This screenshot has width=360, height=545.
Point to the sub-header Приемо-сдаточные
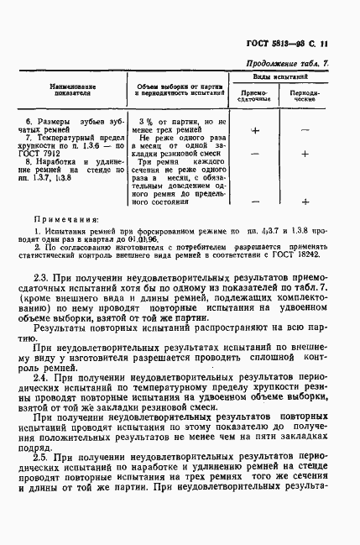point(254,96)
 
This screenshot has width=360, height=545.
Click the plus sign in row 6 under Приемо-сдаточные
point(255,130)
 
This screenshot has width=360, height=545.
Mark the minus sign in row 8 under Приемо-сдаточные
point(255,202)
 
